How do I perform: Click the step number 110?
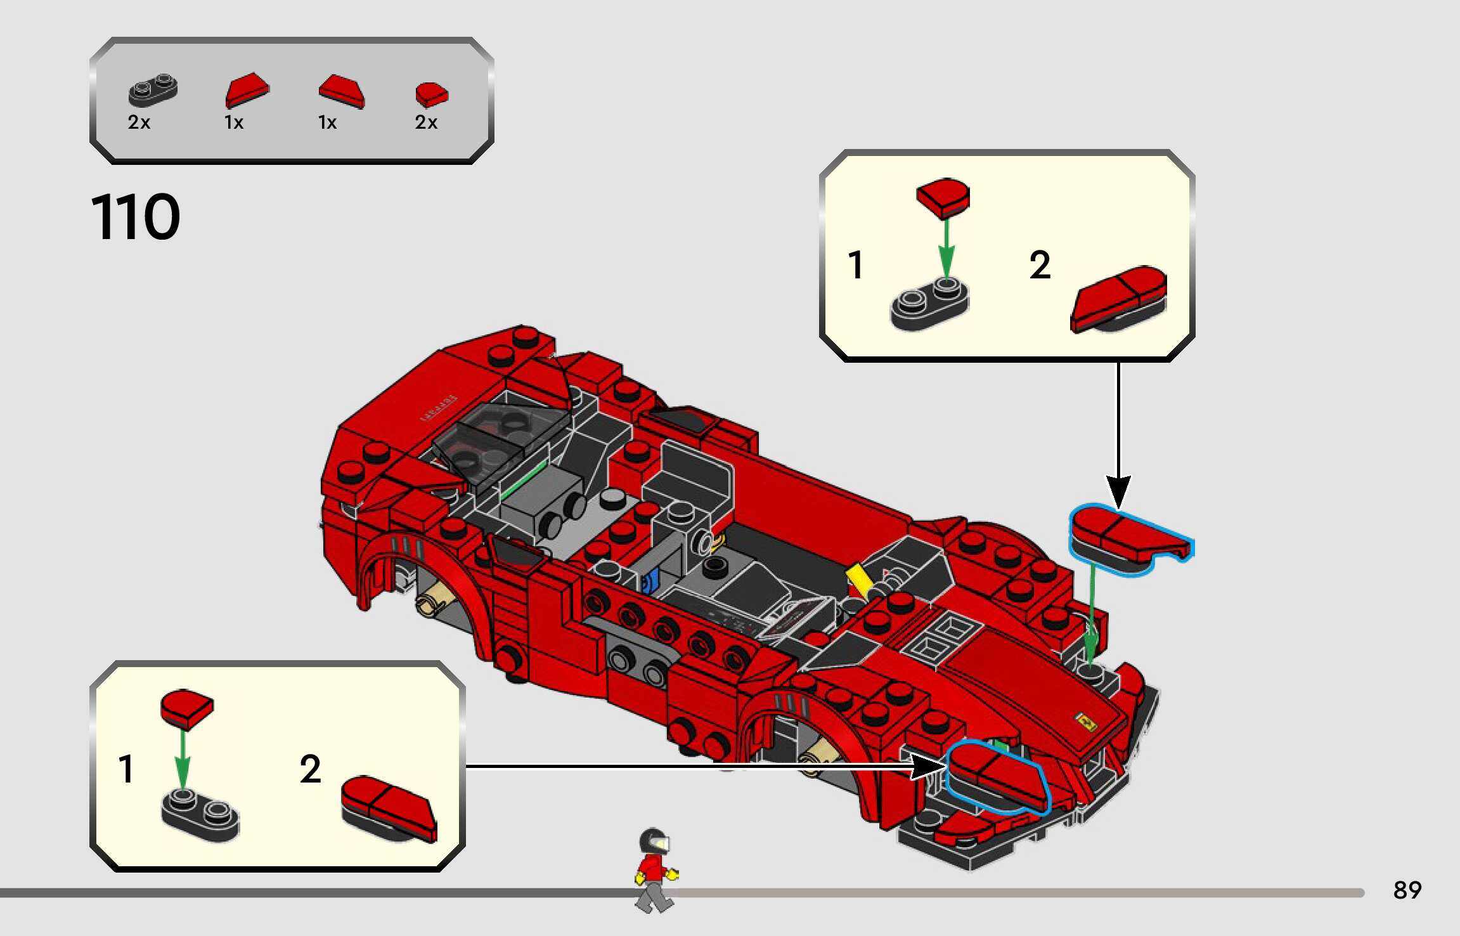(x=136, y=217)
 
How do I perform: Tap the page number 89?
(x=1407, y=890)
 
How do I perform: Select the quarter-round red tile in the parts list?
(x=432, y=94)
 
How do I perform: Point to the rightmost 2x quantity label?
(x=426, y=122)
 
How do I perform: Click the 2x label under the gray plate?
(x=139, y=122)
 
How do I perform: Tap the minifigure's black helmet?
(x=654, y=842)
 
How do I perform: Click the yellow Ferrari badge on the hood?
(x=1085, y=721)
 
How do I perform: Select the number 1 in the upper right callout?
(x=856, y=264)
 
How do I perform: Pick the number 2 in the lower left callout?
(x=310, y=769)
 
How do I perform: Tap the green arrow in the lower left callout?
(x=183, y=760)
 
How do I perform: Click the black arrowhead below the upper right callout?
(x=1119, y=492)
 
